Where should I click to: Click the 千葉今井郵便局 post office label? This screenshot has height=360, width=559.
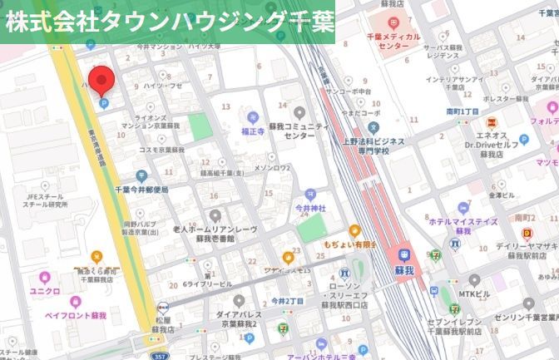(x=141, y=188)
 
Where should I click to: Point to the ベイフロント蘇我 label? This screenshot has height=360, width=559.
(x=76, y=317)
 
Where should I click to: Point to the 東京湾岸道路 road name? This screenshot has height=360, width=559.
(x=91, y=158)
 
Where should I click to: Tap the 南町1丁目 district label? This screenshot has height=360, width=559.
(x=462, y=111)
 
